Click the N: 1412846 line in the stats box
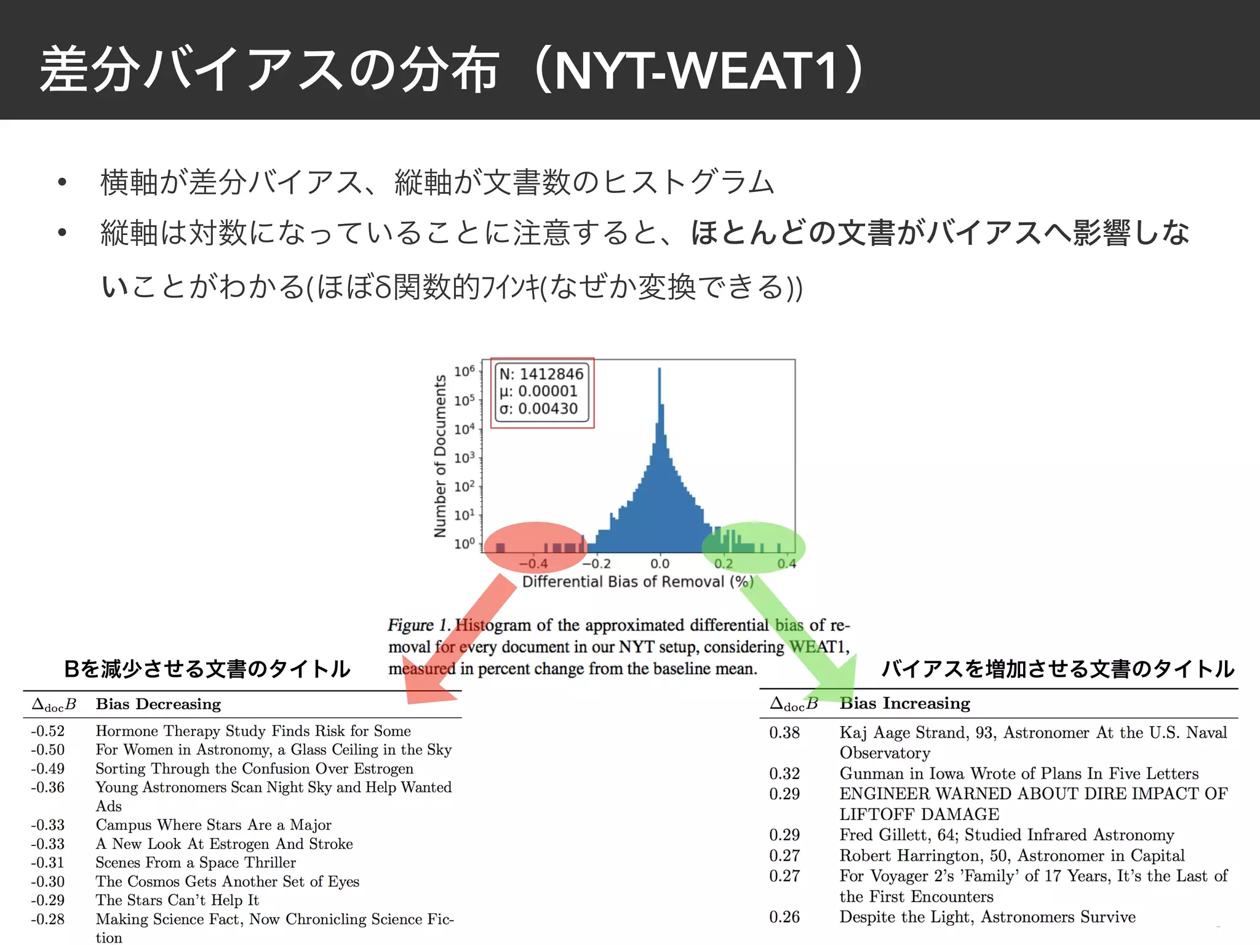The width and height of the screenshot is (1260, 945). [541, 374]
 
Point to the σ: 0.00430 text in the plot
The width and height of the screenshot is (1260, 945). [538, 409]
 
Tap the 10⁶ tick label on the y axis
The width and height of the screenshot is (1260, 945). [464, 371]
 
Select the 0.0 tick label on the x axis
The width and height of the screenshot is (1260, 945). [660, 564]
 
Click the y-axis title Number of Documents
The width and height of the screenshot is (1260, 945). [440, 456]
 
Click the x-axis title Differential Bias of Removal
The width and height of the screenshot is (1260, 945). [637, 582]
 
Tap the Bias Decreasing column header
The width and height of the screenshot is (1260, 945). [158, 704]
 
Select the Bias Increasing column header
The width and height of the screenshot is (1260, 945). [904, 703]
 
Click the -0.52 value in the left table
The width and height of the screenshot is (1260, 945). [48, 731]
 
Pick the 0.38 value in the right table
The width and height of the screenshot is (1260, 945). [784, 732]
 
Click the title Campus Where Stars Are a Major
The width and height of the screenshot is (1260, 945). [213, 824]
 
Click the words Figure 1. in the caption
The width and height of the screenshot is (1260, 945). [419, 625]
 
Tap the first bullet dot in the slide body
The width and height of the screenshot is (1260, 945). [62, 182]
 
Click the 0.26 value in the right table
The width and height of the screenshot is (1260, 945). [784, 917]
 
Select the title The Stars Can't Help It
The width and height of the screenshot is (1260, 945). [177, 900]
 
